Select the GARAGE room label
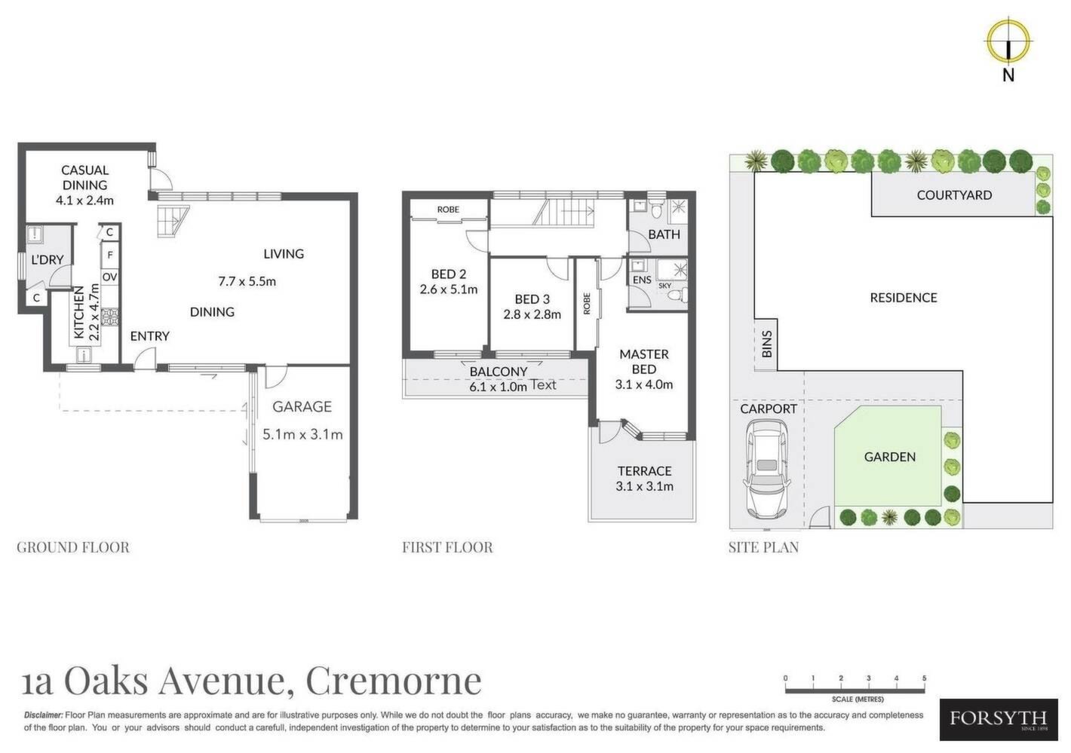coord(302,406)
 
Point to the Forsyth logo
coord(999,720)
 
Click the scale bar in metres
coord(855,690)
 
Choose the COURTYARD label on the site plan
coord(954,195)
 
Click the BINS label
coord(766,344)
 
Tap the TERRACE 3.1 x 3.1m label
coord(644,479)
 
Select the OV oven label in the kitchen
coord(109,277)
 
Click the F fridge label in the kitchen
coord(110,255)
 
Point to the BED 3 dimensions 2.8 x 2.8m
coord(532,314)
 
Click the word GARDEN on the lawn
coord(889,457)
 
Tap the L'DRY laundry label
coord(48,259)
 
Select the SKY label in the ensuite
coord(664,286)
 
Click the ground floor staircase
coord(173,221)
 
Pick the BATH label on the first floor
coord(664,234)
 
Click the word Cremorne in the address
coord(393,681)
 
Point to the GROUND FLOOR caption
coord(73,547)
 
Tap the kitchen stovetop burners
coord(110,318)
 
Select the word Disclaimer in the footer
coord(43,715)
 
